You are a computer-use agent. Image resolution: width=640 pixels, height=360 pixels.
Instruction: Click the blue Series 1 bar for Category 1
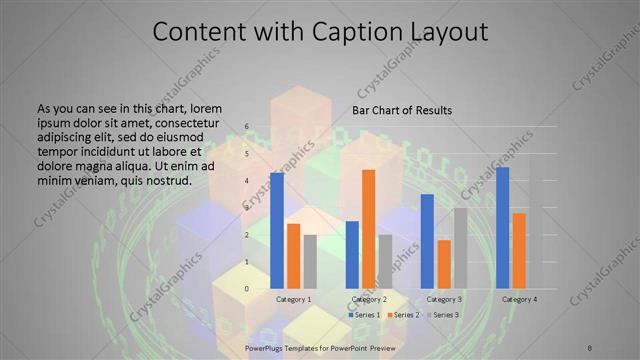tap(276, 231)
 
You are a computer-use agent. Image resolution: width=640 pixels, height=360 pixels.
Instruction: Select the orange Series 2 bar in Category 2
tap(368, 229)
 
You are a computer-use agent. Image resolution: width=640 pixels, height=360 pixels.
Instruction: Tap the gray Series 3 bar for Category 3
tap(460, 248)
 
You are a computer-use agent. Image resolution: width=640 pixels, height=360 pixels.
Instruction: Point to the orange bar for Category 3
tap(444, 264)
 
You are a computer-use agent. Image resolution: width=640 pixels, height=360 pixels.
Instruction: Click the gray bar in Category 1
tap(310, 262)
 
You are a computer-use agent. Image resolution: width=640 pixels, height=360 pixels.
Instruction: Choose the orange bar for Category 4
tap(518, 251)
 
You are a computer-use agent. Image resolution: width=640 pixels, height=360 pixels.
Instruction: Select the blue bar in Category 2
tap(352, 255)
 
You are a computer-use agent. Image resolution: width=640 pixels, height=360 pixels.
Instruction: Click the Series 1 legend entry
tap(363, 315)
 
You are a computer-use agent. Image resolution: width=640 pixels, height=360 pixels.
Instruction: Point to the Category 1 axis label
tap(293, 299)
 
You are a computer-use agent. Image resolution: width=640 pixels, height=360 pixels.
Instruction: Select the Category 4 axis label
tap(519, 299)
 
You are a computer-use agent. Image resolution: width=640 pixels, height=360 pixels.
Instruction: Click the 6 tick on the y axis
tap(248, 128)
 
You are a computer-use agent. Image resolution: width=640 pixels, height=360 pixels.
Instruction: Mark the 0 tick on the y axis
tap(248, 289)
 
